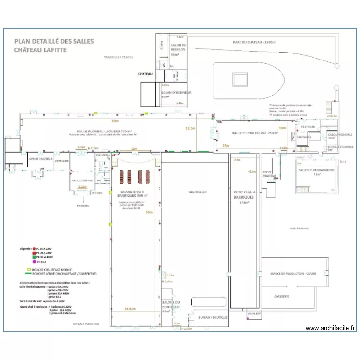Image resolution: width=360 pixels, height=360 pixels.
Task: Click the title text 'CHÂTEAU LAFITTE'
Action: pos(40,50)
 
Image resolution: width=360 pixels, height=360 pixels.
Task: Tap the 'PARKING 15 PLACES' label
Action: pos(118,57)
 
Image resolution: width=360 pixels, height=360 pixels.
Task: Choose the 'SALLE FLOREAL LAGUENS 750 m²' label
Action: pos(104,131)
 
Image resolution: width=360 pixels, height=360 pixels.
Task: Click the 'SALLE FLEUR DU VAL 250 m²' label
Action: pos(255,133)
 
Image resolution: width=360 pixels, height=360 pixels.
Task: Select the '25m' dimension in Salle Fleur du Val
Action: pos(226,145)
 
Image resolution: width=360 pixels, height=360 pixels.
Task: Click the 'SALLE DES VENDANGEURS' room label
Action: pos(310,172)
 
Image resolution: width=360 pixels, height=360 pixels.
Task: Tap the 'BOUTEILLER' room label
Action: pos(197,192)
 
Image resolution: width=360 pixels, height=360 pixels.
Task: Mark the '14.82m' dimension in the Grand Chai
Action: pos(130,309)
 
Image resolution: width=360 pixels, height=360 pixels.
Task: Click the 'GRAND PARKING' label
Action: pos(86,324)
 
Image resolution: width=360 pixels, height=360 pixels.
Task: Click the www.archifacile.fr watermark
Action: pos(331,328)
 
